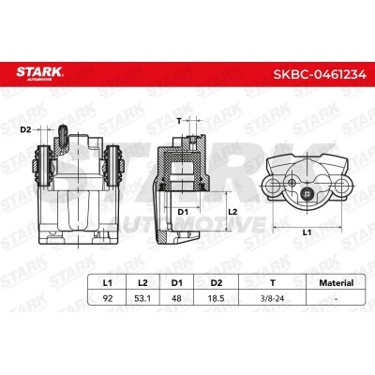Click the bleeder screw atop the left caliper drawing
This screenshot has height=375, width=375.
pos(61,134)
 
